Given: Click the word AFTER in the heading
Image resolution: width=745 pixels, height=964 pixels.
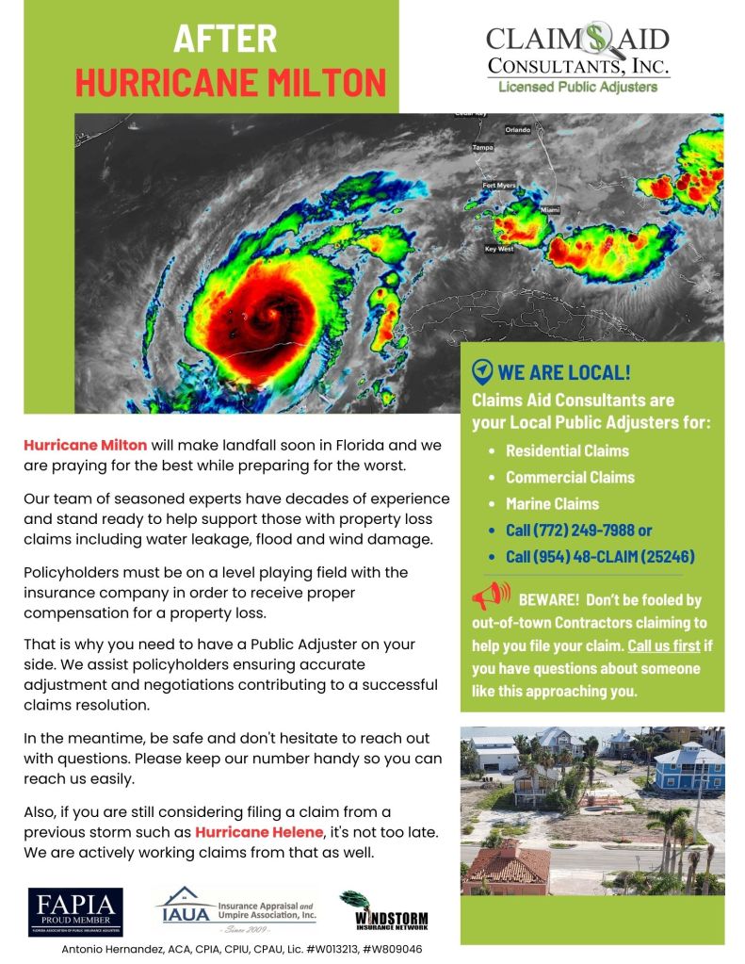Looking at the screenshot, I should pos(226,39).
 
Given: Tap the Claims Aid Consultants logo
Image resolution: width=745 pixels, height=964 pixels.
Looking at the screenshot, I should pos(577,57).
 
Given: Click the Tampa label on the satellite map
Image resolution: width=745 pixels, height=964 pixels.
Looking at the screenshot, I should pos(482,148).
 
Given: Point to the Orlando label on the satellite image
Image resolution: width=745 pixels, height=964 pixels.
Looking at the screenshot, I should pos(517,129).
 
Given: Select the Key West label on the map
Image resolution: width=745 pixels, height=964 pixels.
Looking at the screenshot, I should pos(498,249).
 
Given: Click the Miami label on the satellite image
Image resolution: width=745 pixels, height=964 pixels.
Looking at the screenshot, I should pos(549,207).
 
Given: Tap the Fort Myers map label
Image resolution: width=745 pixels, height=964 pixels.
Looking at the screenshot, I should pos(499,186).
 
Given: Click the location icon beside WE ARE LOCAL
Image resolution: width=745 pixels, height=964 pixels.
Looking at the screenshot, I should pos(482,370).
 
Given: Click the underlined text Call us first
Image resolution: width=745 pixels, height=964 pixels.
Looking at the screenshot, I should pos(664,646).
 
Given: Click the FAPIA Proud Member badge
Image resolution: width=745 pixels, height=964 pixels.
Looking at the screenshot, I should pos(75,912).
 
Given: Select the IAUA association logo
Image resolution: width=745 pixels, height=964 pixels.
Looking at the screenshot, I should pos(236,910).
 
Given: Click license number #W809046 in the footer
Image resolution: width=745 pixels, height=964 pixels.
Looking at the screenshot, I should pos(393,949).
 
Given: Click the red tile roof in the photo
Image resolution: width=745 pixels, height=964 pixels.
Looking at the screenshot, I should pos(505,861).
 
